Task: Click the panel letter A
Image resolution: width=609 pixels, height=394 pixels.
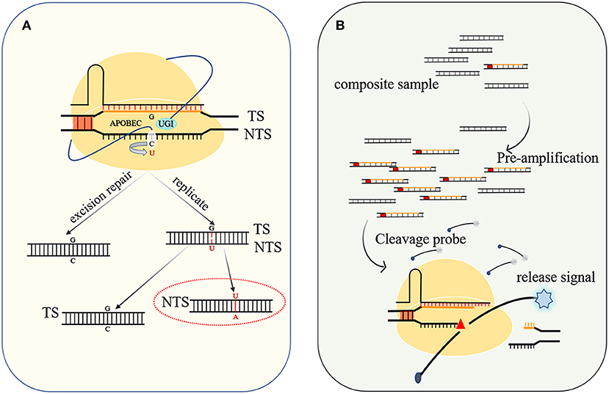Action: click(x=26, y=26)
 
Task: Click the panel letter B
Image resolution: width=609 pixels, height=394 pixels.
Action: click(x=340, y=26)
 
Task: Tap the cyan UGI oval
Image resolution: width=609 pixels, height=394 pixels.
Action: click(x=167, y=124)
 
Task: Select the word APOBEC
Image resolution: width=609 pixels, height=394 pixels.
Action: click(x=126, y=124)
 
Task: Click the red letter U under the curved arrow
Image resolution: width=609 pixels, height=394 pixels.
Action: click(x=152, y=153)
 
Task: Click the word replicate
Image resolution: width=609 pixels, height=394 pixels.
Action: click(x=190, y=193)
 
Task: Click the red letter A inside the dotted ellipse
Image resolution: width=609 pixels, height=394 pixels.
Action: click(x=235, y=317)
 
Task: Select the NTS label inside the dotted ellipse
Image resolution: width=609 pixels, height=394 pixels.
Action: click(x=175, y=302)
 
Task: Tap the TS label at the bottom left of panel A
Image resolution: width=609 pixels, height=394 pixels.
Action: click(x=51, y=313)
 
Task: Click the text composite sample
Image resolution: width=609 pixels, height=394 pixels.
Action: click(x=386, y=84)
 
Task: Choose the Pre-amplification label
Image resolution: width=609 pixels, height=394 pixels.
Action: click(x=547, y=158)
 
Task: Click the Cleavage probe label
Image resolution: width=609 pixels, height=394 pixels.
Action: click(x=421, y=239)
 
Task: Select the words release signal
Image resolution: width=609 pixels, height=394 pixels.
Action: click(x=556, y=277)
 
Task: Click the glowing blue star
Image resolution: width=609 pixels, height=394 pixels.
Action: click(x=544, y=299)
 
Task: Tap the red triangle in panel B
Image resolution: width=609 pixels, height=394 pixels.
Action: click(x=461, y=324)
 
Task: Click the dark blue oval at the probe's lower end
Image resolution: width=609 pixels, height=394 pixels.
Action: click(x=418, y=377)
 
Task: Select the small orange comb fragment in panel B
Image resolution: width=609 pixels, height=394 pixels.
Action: click(x=529, y=326)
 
